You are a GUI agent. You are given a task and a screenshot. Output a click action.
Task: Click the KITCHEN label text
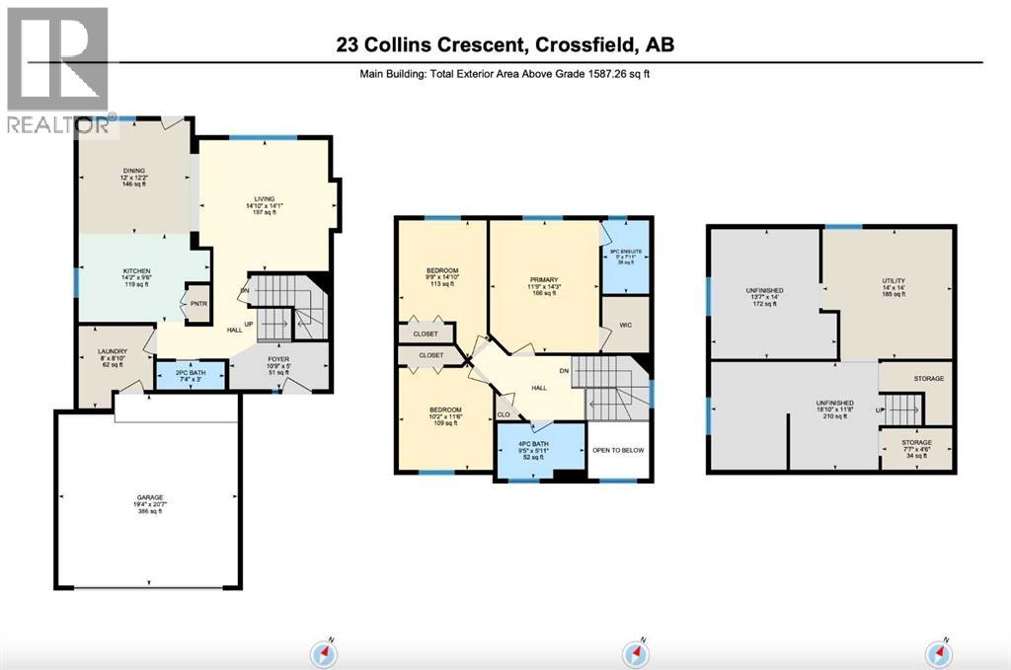click(136, 269)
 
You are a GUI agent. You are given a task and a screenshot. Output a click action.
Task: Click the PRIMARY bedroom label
click(544, 278)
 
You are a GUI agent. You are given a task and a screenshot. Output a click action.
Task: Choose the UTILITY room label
click(894, 281)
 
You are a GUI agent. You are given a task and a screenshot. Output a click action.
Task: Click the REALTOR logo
click(56, 69)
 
